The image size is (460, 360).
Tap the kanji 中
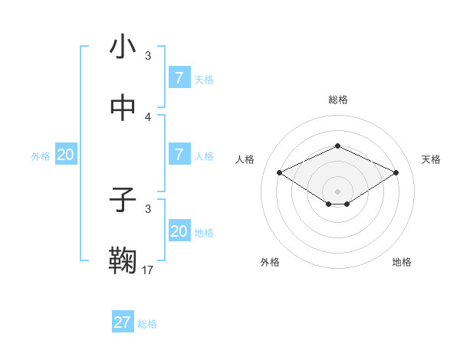click(123, 110)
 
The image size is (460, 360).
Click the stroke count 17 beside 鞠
click(148, 270)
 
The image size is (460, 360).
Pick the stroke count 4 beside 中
click(148, 116)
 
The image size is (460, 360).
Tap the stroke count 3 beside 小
click(148, 55)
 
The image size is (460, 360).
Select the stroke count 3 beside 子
click(148, 208)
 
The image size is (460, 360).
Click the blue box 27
click(123, 322)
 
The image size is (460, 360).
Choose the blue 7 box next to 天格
click(179, 78)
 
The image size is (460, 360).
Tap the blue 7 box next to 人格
click(179, 155)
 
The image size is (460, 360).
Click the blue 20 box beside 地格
click(179, 231)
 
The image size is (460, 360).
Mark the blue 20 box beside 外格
click(66, 155)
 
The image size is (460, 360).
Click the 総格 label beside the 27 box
click(147, 324)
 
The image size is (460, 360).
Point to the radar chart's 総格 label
click(337, 100)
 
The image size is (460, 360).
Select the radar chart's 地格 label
click(402, 262)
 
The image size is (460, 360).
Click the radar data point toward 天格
click(396, 172)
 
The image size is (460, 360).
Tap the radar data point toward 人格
click(279, 172)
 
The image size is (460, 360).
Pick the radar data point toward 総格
click(337, 146)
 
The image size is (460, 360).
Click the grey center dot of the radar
click(337, 191)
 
